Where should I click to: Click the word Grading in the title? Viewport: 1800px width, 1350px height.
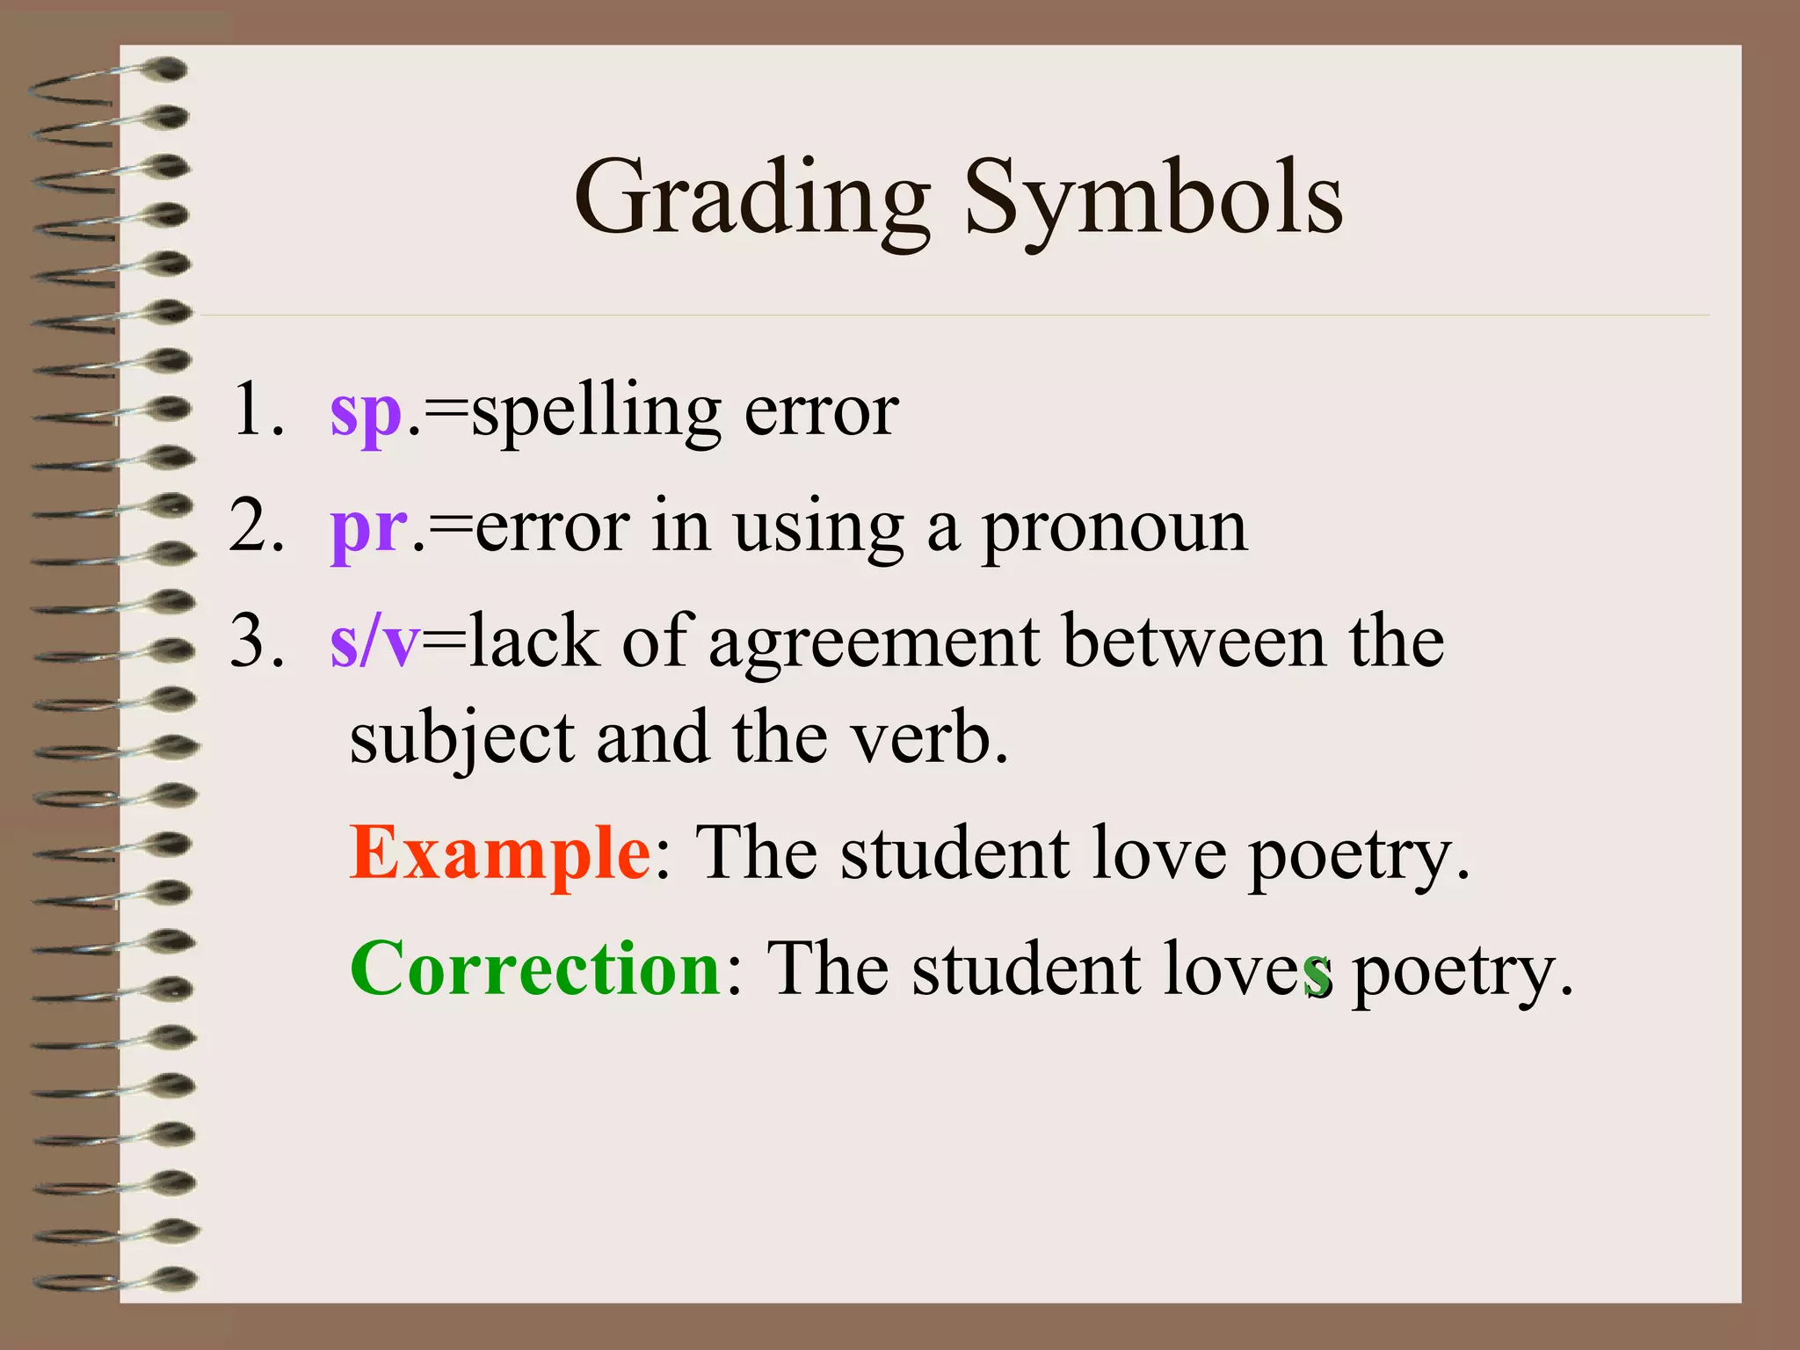tap(752, 199)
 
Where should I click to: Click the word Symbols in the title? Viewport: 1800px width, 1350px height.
tap(1153, 199)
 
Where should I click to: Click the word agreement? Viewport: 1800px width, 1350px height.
tap(874, 643)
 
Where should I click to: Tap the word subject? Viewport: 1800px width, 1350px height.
tap(462, 738)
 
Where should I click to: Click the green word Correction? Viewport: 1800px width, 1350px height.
tap(536, 969)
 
